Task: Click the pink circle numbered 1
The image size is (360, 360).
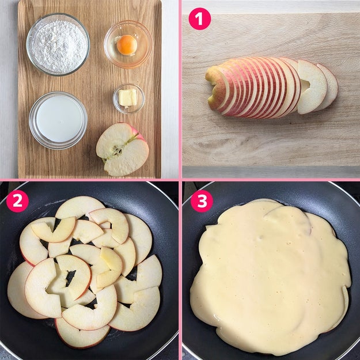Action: [x=199, y=19]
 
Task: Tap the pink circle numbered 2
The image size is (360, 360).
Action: [x=17, y=201]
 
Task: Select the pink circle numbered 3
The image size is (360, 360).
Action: [x=202, y=201]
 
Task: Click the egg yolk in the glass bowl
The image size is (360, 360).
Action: [x=127, y=45]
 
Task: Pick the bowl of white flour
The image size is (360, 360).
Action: [x=58, y=44]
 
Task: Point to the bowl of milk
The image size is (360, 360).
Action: [x=58, y=120]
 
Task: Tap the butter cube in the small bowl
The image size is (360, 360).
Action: [x=127, y=97]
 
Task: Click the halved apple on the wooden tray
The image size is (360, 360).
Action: [x=122, y=149]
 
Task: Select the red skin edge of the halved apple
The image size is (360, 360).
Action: [x=138, y=133]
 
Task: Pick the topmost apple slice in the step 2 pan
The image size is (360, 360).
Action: [x=79, y=207]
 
